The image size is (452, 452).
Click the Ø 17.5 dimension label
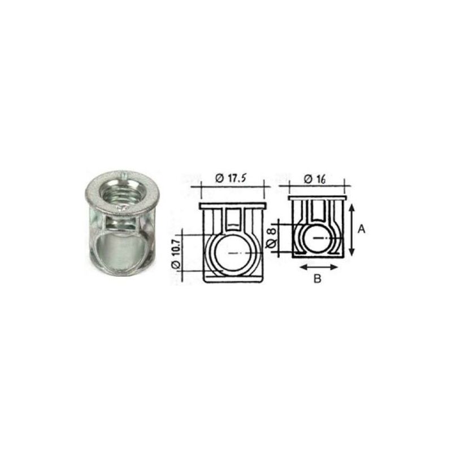pos(232,179)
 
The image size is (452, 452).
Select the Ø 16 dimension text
pos(315,179)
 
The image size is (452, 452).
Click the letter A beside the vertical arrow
pos(361,229)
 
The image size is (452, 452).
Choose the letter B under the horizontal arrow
pos(317,279)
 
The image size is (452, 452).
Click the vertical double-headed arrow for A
pos(351,230)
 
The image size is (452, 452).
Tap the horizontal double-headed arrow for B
pos(319,267)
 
